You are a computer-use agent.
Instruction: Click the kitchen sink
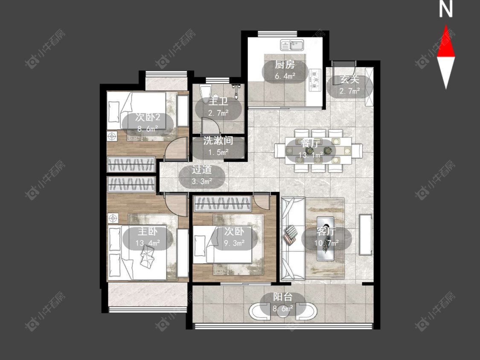click(x=292, y=45)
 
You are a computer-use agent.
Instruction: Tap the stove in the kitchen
click(x=315, y=80)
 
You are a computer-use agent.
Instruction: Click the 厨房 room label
click(x=285, y=64)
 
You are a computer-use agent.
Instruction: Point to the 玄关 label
click(x=349, y=80)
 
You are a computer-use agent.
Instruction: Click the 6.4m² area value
click(x=285, y=76)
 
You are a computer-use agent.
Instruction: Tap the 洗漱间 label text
click(x=218, y=140)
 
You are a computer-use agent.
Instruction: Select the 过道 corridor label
click(x=202, y=170)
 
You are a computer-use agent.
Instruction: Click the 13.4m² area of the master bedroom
click(x=148, y=243)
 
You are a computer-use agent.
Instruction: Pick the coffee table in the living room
click(x=325, y=238)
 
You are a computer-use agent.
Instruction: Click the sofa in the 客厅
click(x=293, y=239)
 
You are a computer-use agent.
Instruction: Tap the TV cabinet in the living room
click(x=366, y=235)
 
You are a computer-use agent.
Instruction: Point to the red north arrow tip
click(x=446, y=25)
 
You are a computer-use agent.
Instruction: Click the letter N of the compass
click(x=446, y=9)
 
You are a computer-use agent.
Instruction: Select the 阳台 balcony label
click(x=282, y=297)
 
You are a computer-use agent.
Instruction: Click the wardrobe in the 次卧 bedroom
click(x=223, y=203)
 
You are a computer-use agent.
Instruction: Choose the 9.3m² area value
click(x=235, y=243)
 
